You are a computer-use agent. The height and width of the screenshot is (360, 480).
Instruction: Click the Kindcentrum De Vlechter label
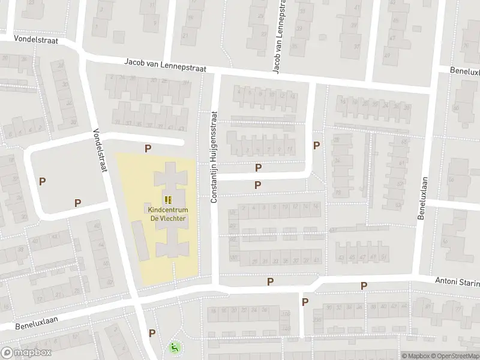click(168, 214)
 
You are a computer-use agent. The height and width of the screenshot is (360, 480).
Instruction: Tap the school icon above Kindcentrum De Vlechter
click(168, 200)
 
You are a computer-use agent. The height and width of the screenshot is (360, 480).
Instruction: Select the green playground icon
click(174, 347)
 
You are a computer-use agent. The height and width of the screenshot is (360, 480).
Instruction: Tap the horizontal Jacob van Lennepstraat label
click(165, 65)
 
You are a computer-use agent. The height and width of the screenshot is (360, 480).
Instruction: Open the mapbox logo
click(25, 353)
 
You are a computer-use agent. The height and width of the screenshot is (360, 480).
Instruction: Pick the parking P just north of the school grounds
click(148, 148)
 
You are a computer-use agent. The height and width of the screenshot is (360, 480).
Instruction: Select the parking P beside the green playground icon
click(152, 333)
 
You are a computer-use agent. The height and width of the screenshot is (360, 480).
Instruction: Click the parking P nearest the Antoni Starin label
click(364, 286)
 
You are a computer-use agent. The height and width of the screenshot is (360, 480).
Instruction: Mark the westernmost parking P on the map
click(42, 181)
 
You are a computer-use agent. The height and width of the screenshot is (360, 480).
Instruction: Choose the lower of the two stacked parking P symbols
click(258, 185)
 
